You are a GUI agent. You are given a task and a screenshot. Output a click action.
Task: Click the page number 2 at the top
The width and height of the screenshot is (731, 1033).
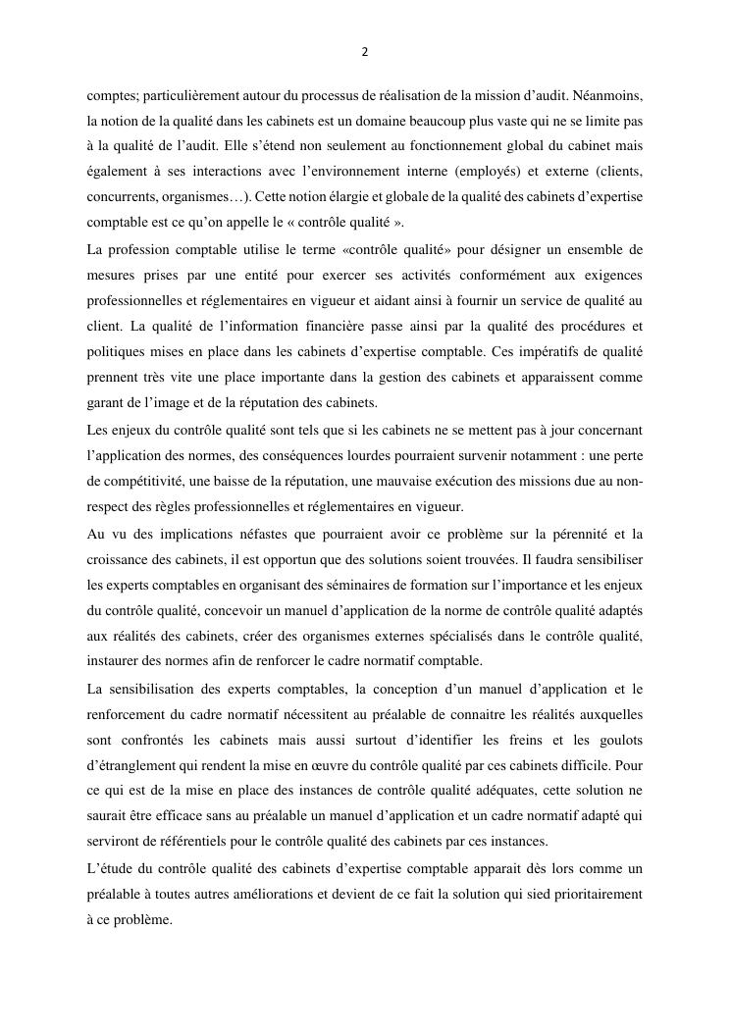pyautogui.click(x=365, y=52)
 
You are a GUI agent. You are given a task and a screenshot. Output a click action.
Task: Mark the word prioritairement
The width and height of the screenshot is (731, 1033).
pyautogui.click(x=589, y=895)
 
